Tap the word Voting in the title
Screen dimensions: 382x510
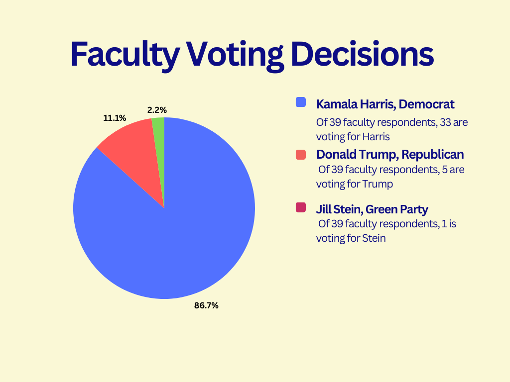234,54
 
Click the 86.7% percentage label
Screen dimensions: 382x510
206,305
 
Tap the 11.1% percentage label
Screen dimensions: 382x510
115,118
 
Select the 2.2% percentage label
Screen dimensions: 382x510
157,110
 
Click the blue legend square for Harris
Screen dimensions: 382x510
300,102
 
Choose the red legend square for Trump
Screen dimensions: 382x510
300,154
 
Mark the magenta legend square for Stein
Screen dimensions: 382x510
300,207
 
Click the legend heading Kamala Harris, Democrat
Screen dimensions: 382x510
385,104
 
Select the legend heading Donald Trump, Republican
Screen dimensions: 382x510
390,155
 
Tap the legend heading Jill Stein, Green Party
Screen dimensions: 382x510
372,209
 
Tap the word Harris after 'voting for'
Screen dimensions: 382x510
377,136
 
